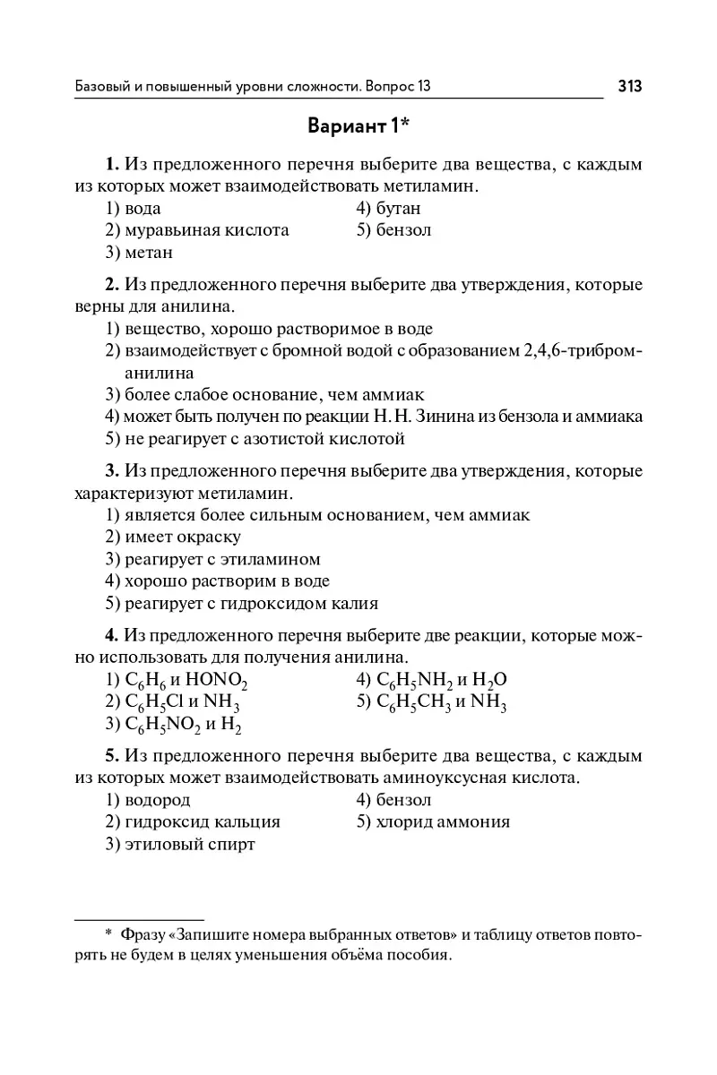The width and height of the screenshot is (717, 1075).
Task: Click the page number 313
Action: tap(630, 86)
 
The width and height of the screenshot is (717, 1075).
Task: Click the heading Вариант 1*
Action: tap(358, 125)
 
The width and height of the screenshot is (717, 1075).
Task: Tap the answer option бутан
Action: tap(397, 209)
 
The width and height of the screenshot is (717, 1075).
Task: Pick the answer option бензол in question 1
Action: tap(402, 230)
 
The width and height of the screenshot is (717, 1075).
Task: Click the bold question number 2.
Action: tap(112, 286)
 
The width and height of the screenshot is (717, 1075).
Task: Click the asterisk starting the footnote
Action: tap(108, 934)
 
